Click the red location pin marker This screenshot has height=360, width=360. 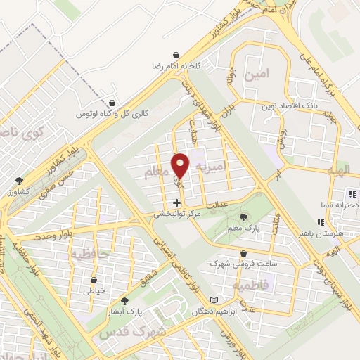click(180, 165)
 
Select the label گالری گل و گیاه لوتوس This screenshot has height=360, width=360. click(104, 113)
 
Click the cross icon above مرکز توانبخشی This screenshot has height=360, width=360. click(176, 203)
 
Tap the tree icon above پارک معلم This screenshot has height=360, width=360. click(243, 217)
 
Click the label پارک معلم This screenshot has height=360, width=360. click(243, 229)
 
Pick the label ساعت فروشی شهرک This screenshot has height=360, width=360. click(243, 264)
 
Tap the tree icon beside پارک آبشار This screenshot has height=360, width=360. click(125, 300)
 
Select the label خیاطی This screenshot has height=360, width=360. click(94, 290)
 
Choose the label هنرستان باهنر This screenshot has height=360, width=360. click(321, 231)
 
